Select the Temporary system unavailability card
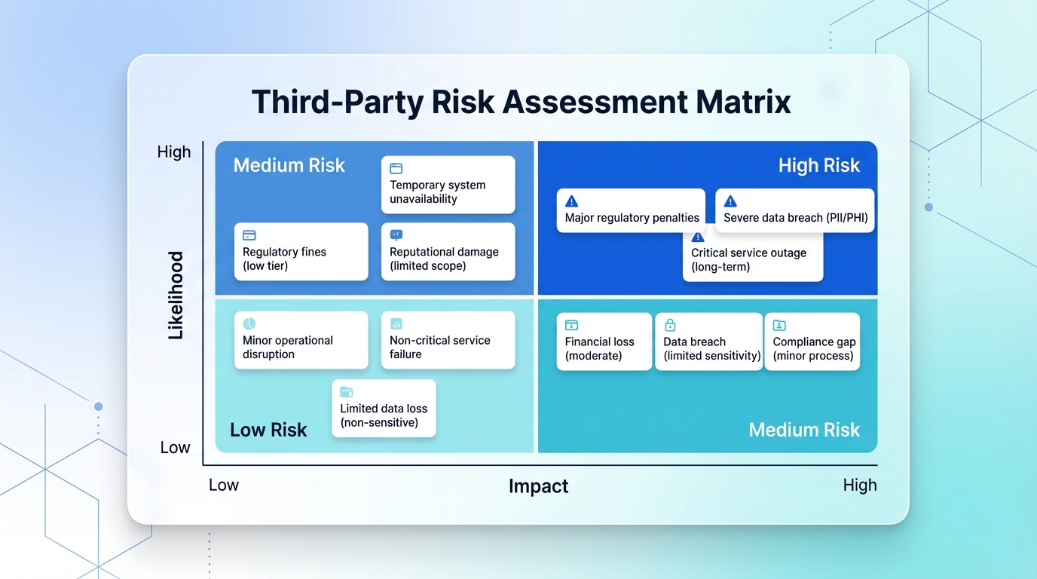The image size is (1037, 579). pos(448,185)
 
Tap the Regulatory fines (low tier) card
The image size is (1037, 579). pos(301,252)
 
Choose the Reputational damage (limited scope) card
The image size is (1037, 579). pos(448,252)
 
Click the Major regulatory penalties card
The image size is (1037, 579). pos(632,210)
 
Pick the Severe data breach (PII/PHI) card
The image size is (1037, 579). pos(794,210)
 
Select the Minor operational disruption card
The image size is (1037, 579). pos(301,340)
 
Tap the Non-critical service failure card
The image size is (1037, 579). pos(448,340)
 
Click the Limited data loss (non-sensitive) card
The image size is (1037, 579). pos(384,409)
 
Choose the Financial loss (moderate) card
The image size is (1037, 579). pos(603,342)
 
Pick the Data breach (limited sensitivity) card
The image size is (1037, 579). pos(709,342)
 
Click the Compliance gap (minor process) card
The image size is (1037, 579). pos(812,342)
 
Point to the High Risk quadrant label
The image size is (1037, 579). pos(818,166)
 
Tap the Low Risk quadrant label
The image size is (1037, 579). pos(268,430)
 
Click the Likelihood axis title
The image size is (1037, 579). pos(176,295)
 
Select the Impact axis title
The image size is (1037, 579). pos(538,486)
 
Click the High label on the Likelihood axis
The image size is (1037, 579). pos(174,152)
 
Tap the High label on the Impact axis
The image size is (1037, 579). pos(860,486)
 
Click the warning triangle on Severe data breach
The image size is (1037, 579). pos(730,201)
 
